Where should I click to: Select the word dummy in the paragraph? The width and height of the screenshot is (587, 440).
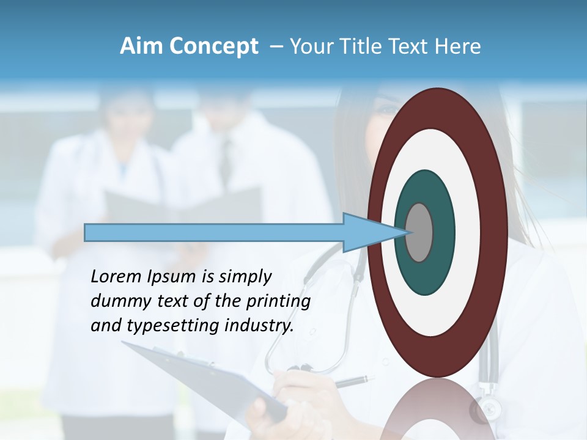[x=117, y=301]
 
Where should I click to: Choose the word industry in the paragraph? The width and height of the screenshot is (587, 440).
[x=259, y=326]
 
